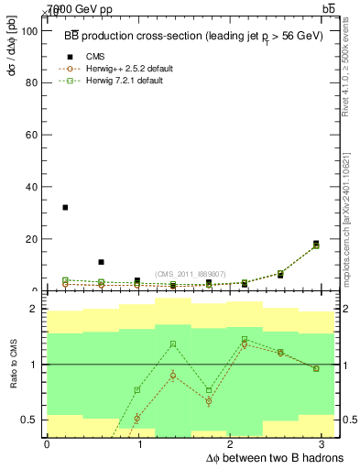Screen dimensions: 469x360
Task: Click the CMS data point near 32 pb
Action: point(65,208)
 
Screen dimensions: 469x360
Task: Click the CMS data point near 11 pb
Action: point(101,262)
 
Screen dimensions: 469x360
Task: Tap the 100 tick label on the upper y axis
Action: point(27,31)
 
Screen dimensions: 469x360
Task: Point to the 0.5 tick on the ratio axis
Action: point(27,420)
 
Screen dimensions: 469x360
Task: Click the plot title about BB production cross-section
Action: point(191,37)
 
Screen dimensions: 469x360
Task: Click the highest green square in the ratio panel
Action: point(245,340)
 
